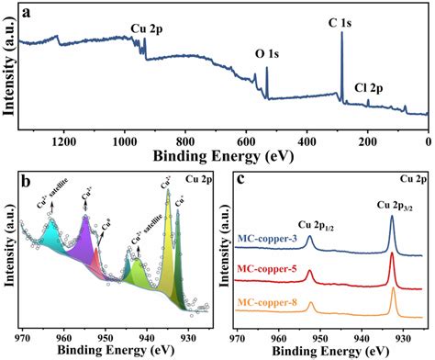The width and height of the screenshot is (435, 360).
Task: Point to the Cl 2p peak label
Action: [x=372, y=88]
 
